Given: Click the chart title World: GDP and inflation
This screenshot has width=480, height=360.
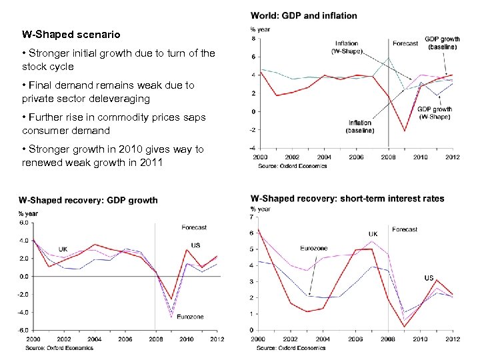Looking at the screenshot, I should click(x=303, y=15).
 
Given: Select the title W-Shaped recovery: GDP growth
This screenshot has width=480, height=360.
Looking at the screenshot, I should click(x=88, y=199).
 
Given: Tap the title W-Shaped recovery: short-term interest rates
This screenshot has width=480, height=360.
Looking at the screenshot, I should click(x=347, y=199).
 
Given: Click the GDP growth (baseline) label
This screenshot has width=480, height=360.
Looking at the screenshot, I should click(x=442, y=43).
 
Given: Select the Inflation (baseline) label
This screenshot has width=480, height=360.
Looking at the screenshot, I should click(x=359, y=127).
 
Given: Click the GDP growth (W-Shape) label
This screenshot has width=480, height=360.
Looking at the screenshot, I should click(x=434, y=113).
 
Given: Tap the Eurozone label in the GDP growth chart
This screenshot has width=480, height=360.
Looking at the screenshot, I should click(x=191, y=316).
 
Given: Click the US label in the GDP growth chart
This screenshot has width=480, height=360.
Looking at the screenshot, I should click(x=195, y=245).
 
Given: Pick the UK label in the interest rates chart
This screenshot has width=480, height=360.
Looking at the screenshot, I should click(x=373, y=234).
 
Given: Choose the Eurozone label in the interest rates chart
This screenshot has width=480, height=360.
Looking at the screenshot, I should click(x=313, y=249).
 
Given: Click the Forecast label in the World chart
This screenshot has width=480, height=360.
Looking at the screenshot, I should click(x=405, y=43).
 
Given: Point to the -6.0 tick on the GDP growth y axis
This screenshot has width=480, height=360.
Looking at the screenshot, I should click(x=23, y=330).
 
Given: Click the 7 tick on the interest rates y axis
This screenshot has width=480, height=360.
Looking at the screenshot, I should click(x=251, y=217).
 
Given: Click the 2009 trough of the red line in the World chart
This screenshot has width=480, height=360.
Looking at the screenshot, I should click(x=405, y=130).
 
